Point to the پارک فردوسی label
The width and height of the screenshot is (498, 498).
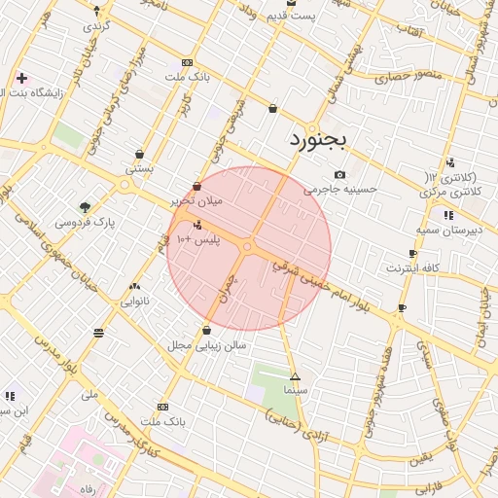click(x=84, y=223)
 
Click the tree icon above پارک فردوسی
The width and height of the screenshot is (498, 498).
click(x=85, y=206)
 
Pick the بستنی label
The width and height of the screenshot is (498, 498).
click(x=139, y=168)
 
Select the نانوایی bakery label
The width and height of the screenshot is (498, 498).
click(x=135, y=302)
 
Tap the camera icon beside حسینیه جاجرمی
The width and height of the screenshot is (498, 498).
click(x=339, y=175)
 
